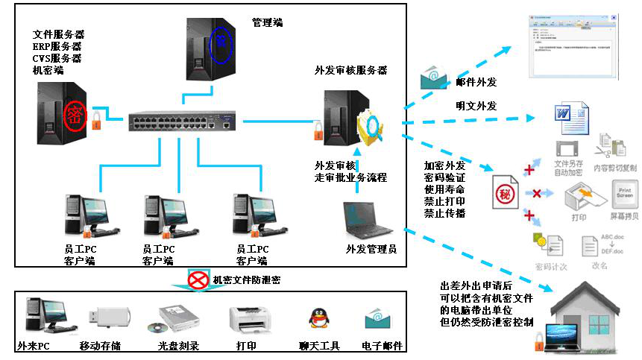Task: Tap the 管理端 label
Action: [267, 22]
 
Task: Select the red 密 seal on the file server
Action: [74, 116]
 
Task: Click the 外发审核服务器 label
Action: [350, 71]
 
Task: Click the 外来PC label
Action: [34, 347]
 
